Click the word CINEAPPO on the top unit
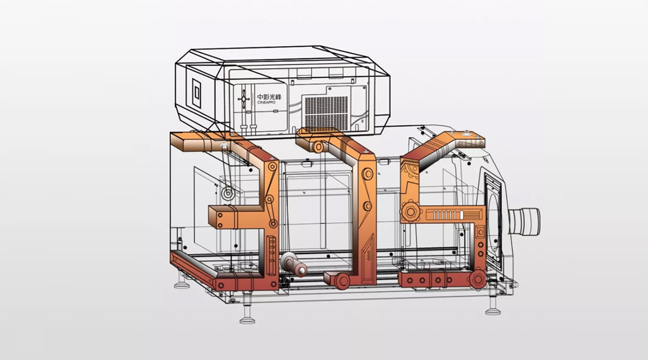point(266,102)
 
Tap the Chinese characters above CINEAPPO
point(269,97)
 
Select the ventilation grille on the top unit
point(326,112)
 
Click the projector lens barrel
point(524,222)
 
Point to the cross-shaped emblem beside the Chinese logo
point(243,99)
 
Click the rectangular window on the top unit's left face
point(197,94)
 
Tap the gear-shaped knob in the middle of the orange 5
point(411,212)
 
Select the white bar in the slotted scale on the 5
point(462,215)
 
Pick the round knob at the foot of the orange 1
point(342,281)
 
